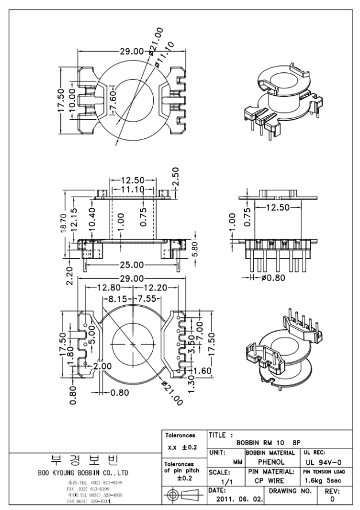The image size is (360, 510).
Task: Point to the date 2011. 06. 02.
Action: (234, 499)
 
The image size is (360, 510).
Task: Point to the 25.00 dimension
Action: (131, 265)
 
